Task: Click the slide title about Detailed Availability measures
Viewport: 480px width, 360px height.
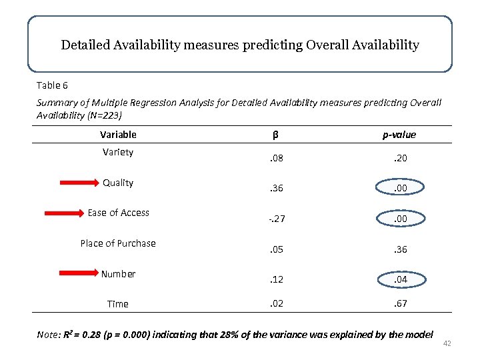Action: click(240, 45)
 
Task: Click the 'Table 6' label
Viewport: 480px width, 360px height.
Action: click(52, 85)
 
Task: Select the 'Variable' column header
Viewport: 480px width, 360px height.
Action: click(118, 135)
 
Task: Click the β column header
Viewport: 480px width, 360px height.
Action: click(275, 135)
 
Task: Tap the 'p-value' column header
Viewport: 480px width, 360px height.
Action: click(399, 135)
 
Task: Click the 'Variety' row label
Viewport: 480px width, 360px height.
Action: click(118, 152)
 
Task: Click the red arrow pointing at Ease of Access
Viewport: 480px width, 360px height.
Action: click(62, 213)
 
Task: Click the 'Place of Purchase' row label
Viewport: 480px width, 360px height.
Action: click(118, 243)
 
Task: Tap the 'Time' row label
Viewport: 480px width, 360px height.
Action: click(118, 304)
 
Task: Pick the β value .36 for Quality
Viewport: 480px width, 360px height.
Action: click(275, 188)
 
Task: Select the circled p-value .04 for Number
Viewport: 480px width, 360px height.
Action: click(399, 279)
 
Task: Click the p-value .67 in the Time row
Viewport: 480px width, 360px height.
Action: click(399, 304)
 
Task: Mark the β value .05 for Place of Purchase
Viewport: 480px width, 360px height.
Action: click(275, 249)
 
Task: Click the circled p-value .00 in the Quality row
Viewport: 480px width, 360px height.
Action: click(399, 188)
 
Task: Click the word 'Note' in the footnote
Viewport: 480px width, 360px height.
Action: click(48, 334)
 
